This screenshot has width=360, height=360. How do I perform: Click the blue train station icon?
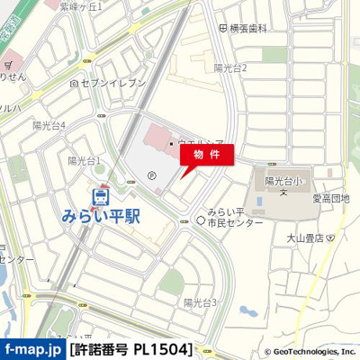101,193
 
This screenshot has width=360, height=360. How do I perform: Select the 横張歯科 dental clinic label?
248,29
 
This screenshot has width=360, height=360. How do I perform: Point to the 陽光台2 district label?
230,67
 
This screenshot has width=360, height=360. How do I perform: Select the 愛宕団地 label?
330,198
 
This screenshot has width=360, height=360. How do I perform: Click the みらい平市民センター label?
229,218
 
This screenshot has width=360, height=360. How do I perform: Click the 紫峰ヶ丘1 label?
81,6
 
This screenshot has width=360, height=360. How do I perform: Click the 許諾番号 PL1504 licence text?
131,348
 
